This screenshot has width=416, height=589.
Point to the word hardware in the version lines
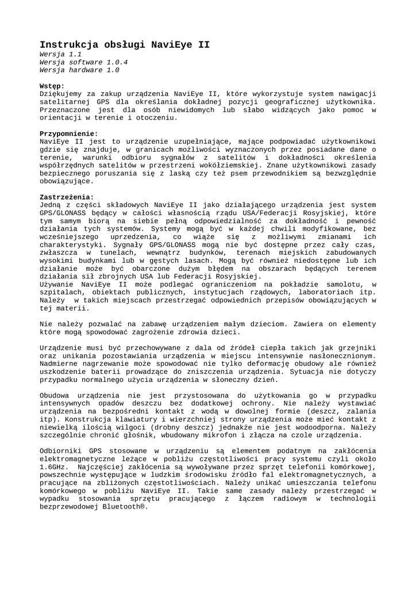point(87,70)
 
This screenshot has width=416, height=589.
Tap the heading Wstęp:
point(52,86)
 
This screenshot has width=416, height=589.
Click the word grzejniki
point(355,348)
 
